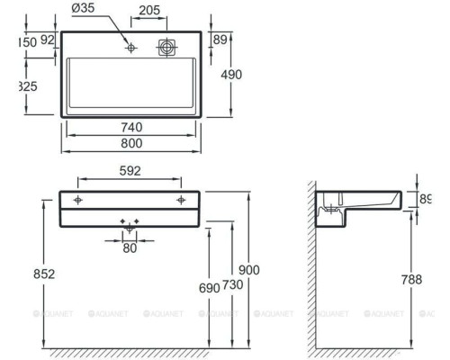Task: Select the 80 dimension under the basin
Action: pyautogui.click(x=130, y=246)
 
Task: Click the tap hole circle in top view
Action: pyautogui.click(x=131, y=47)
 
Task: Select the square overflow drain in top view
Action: pyautogui.click(x=166, y=47)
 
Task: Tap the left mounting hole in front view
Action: pyautogui.click(x=79, y=199)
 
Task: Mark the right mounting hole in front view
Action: pyautogui.click(x=181, y=199)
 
